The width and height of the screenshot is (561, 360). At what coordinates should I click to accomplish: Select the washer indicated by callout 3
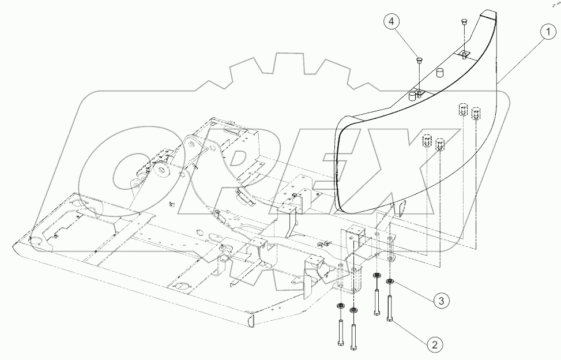[389, 282]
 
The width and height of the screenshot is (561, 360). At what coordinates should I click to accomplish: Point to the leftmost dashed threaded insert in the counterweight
[427, 141]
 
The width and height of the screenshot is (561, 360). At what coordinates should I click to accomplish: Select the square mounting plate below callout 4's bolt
[420, 92]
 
